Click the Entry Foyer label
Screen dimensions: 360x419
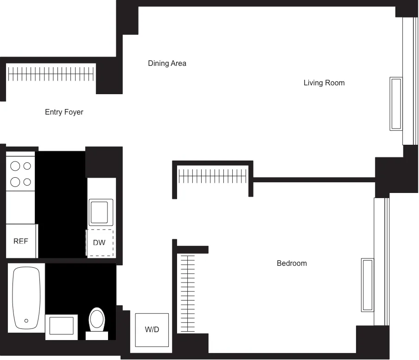tap(64, 112)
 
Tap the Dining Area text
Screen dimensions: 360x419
tap(167, 63)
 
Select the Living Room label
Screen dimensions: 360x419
tap(324, 83)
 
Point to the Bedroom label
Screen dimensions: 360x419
tap(292, 263)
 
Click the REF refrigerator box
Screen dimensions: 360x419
tap(21, 241)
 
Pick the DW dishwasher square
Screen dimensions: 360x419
tap(100, 243)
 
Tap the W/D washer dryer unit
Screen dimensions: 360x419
tap(152, 330)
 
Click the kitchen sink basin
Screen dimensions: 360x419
tap(102, 212)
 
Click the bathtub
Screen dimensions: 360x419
tap(26, 297)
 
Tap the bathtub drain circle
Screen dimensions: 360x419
tap(26, 321)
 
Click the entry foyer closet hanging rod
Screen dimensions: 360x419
tap(51, 74)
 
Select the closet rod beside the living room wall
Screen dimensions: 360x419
tap(213, 176)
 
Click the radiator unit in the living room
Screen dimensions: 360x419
tap(396, 103)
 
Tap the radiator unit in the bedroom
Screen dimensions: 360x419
tap(367, 285)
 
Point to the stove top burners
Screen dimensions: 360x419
tap(20, 173)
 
